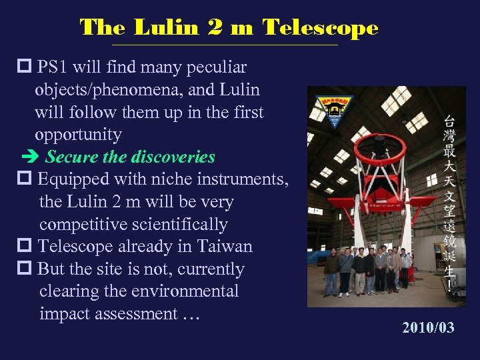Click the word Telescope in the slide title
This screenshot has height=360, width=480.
point(320,28)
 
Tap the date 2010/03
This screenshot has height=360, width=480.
point(427,327)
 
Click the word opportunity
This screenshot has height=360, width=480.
point(78,135)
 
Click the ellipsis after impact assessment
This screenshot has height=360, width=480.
point(191,315)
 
